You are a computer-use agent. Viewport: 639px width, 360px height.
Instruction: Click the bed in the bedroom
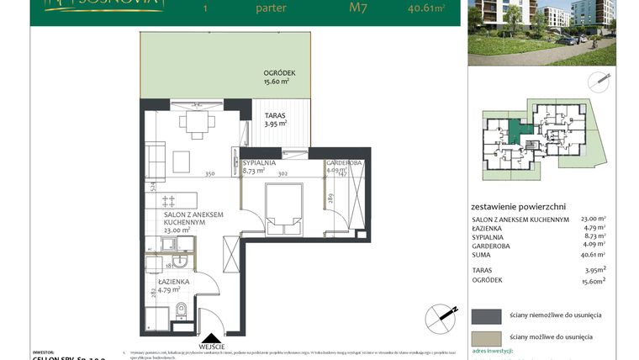(x=283, y=207)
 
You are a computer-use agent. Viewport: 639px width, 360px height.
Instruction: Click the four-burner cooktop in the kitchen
(x=167, y=202)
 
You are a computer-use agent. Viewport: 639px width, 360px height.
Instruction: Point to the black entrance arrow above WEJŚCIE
(x=211, y=337)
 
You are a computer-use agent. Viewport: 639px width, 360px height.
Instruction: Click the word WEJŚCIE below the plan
(x=212, y=347)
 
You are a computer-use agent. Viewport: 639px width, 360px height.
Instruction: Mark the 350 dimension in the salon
(x=210, y=174)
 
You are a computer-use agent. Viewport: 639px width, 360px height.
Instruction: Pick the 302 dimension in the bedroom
(x=283, y=174)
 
